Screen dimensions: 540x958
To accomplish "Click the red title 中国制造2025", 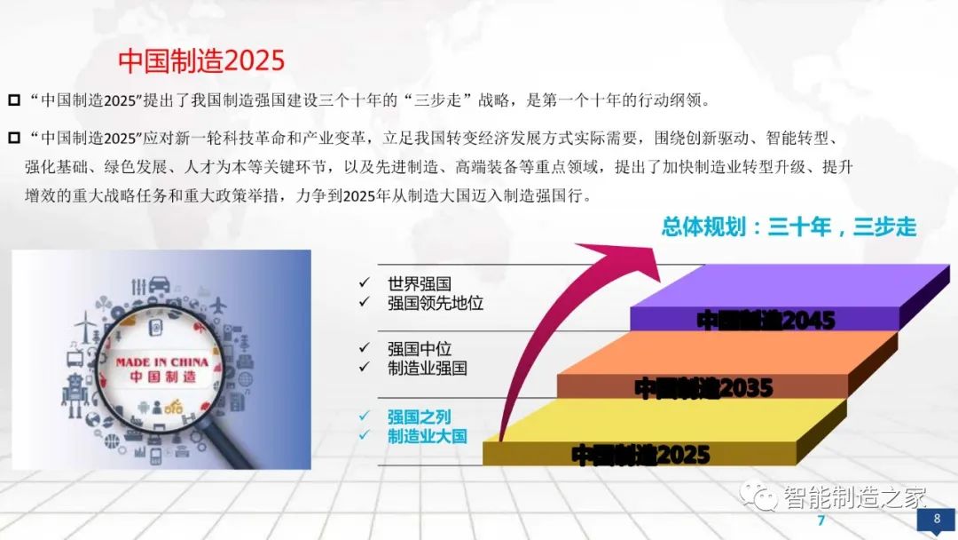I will (x=201, y=60).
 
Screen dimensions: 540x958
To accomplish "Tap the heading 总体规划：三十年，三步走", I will (x=789, y=227).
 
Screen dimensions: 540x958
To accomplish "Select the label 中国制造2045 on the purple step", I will (x=766, y=320).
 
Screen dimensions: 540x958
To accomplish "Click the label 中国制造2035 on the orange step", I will (x=703, y=387).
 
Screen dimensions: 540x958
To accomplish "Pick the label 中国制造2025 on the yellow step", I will (x=640, y=456).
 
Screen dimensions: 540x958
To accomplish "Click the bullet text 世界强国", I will (x=420, y=284).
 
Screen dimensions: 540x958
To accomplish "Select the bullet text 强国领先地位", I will (x=436, y=303).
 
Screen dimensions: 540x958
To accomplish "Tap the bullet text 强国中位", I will (x=420, y=348).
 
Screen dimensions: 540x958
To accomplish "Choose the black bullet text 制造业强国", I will (x=428, y=368).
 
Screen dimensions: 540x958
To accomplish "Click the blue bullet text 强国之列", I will (x=420, y=416).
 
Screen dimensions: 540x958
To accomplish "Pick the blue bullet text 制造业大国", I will (x=428, y=435).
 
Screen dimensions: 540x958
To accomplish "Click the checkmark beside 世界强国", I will (x=364, y=283).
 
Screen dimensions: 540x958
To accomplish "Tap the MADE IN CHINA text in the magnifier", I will (x=162, y=361).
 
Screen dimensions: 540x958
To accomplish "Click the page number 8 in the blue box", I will (x=935, y=520).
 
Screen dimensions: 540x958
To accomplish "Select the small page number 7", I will (x=821, y=520).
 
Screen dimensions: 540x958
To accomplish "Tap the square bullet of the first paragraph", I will (x=13, y=99).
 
